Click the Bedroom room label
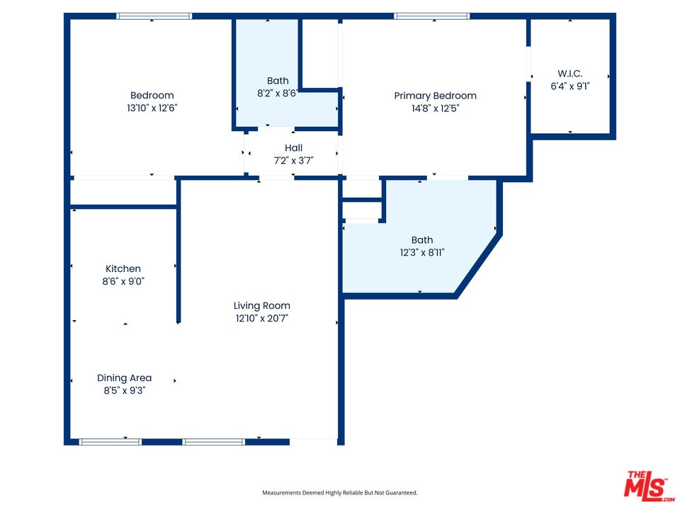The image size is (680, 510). pyautogui.click(x=152, y=96)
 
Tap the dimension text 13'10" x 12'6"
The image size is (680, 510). pyautogui.click(x=152, y=108)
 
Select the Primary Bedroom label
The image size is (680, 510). pyautogui.click(x=435, y=96)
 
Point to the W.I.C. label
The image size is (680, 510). pyautogui.click(x=570, y=74)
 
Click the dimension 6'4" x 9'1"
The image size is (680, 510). pyautogui.click(x=570, y=86)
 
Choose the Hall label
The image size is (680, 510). pyautogui.click(x=293, y=148)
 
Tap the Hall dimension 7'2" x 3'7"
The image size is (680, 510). pyautogui.click(x=293, y=160)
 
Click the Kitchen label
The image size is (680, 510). pyautogui.click(x=123, y=268)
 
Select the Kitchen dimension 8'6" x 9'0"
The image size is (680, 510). pyautogui.click(x=123, y=281)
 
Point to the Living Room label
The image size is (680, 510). pyautogui.click(x=262, y=306)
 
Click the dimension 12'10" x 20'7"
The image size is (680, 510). pyautogui.click(x=262, y=318)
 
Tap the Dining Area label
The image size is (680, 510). pyautogui.click(x=125, y=378)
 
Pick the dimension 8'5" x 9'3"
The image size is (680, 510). pyautogui.click(x=125, y=390)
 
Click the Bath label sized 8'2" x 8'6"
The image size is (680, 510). pyautogui.click(x=278, y=81)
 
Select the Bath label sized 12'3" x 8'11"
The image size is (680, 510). pyautogui.click(x=421, y=240)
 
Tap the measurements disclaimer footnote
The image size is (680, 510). pyautogui.click(x=340, y=492)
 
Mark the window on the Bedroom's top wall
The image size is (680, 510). pyautogui.click(x=154, y=16)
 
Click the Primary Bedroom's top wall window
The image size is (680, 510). pyautogui.click(x=431, y=16)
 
